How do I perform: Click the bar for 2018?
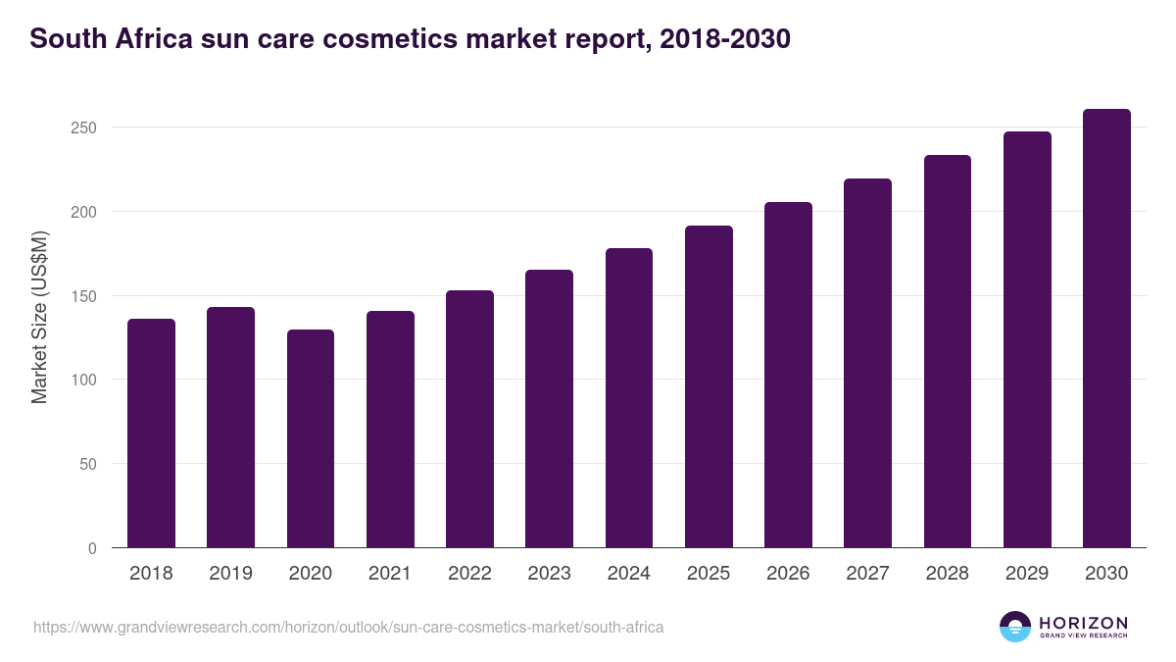pyautogui.click(x=151, y=433)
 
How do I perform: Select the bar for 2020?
pyautogui.click(x=311, y=438)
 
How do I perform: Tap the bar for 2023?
pyautogui.click(x=549, y=409)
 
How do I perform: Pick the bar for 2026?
pyautogui.click(x=788, y=375)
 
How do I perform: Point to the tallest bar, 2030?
pyautogui.click(x=1106, y=329)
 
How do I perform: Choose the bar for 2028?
pyautogui.click(x=947, y=351)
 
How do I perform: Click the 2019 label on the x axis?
pyautogui.click(x=230, y=574)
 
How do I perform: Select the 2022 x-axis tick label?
pyautogui.click(x=469, y=574)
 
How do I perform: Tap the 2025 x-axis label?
pyautogui.click(x=709, y=574)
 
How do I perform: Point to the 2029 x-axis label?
pyautogui.click(x=1027, y=574)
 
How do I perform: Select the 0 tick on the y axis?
pyautogui.click(x=92, y=548)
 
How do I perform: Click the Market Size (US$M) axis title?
pyautogui.click(x=39, y=317)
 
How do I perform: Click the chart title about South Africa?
pyautogui.click(x=410, y=39)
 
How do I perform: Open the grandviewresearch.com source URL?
pyautogui.click(x=348, y=627)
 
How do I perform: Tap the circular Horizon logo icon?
pyautogui.click(x=1014, y=627)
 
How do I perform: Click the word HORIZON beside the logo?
pyautogui.click(x=1083, y=623)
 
